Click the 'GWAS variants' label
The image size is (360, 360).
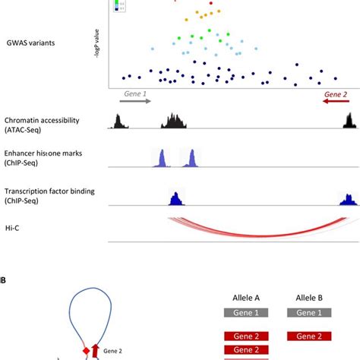click(33, 43)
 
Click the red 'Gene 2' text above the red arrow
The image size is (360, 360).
click(335, 96)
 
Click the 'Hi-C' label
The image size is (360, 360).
click(11, 226)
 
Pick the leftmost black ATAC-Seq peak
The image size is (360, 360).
click(118, 121)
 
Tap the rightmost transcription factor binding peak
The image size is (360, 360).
click(348, 198)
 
